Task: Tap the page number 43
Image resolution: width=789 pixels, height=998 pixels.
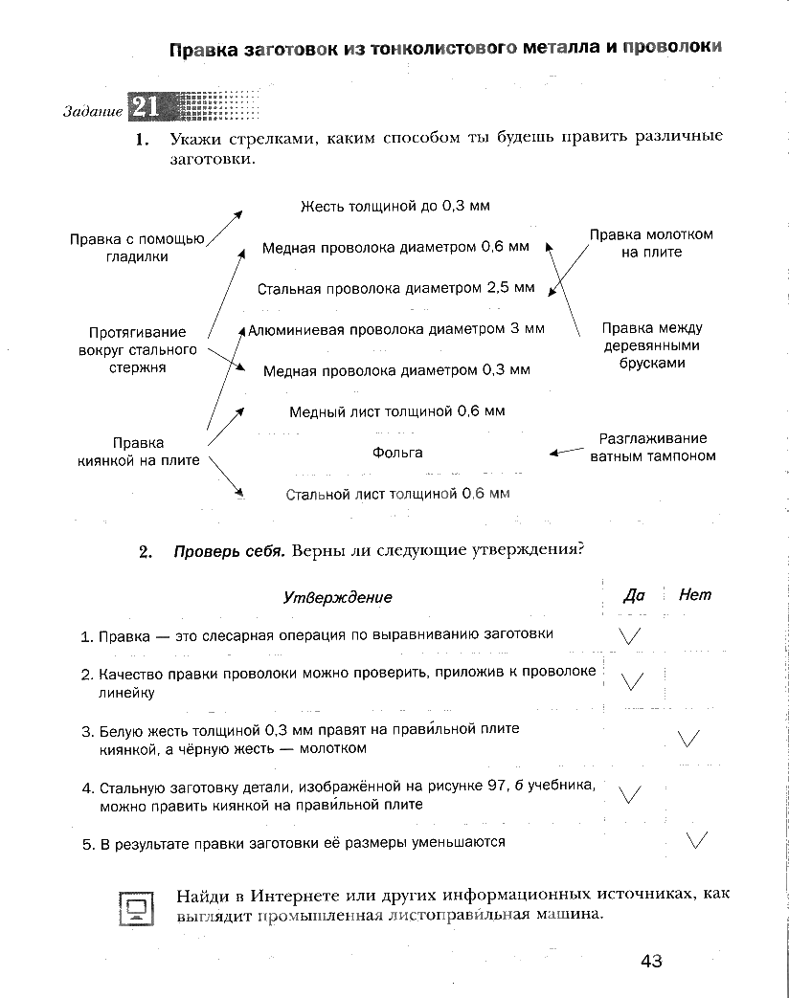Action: pos(652,961)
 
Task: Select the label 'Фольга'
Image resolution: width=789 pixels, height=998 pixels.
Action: pos(397,453)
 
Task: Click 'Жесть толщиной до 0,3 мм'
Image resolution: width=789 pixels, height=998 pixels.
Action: pos(395,206)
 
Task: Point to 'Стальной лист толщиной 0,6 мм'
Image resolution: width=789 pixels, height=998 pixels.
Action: pos(397,494)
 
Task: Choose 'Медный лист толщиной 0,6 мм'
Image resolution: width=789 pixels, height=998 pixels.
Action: pos(396,411)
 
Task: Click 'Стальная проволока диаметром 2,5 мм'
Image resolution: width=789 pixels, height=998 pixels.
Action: pos(395,287)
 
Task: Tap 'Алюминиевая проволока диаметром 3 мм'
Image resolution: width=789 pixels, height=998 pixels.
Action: pos(396,328)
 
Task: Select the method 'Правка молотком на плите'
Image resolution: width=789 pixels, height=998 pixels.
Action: pos(651,243)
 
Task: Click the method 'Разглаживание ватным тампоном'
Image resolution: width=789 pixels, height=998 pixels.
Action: pos(652,447)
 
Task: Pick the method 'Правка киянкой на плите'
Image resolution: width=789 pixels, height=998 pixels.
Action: pos(138,452)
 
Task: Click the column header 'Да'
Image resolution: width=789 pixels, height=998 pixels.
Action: pos(634,595)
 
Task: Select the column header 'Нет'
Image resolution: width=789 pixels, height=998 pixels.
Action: pos(695,595)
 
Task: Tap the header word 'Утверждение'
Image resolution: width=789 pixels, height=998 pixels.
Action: pos(338,597)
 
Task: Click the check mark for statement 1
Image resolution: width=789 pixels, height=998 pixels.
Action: pos(630,634)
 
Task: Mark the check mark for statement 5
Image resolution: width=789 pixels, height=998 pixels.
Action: pos(697,840)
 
